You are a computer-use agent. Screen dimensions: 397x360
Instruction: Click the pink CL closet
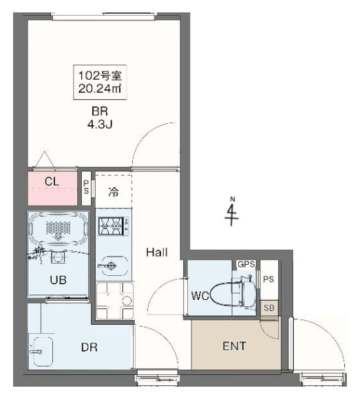coord(52,186)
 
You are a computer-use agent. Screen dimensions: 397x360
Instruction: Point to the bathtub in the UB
coord(58,228)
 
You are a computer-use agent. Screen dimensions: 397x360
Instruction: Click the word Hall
coord(157,253)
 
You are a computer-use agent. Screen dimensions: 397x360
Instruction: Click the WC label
coord(200,297)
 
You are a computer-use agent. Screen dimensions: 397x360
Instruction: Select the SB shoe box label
coord(269,308)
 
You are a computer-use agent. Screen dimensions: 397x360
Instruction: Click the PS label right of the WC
coord(268,279)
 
